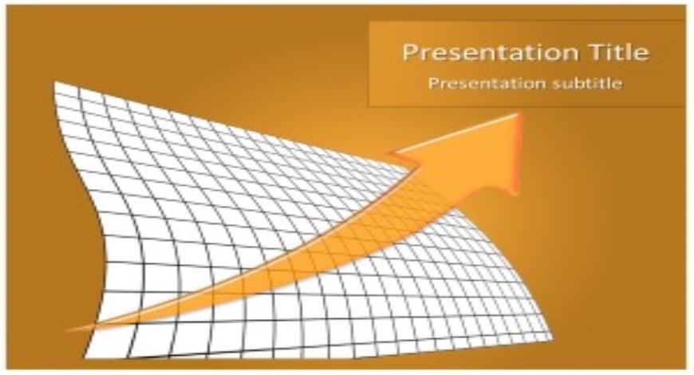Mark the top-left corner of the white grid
pyautogui.click(x=54, y=82)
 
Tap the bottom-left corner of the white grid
pyautogui.click(x=85, y=357)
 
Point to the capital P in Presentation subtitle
pyautogui.click(x=433, y=82)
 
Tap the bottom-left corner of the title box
pyautogui.click(x=369, y=105)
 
